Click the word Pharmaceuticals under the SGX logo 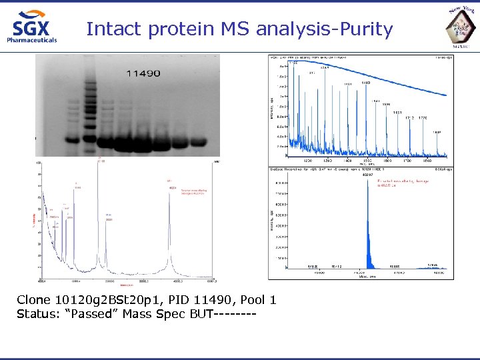click(x=32, y=39)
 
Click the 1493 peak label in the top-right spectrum click(x=366, y=83)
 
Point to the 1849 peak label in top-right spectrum click(x=437, y=132)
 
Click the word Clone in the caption click(x=33, y=300)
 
